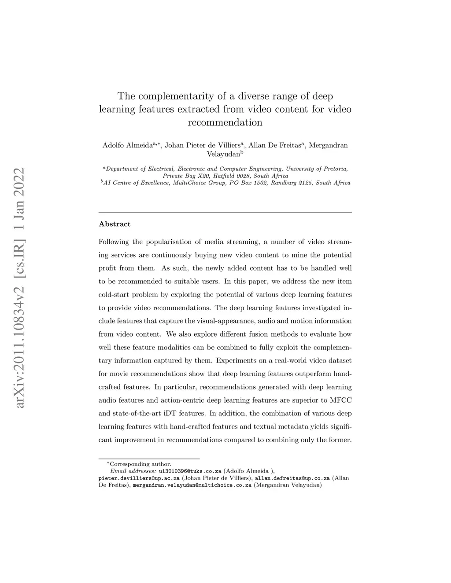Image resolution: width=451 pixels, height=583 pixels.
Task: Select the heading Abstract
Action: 115,224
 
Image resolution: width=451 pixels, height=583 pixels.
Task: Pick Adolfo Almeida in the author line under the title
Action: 128,146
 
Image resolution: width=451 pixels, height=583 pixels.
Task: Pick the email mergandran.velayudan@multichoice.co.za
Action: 192,485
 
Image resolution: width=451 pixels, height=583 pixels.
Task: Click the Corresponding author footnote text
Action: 140,464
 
